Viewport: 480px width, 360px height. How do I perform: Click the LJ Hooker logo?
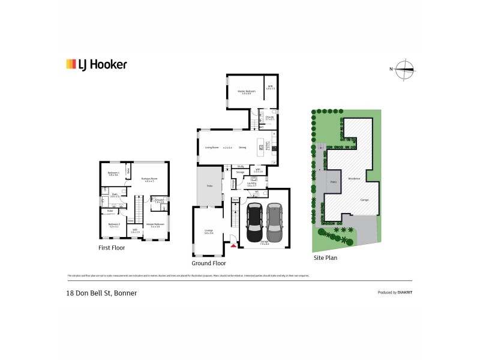tap(96, 64)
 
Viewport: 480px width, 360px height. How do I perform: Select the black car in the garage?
tap(254, 218)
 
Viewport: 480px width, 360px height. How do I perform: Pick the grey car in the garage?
tap(274, 218)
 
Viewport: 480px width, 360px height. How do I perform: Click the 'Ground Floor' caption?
tap(208, 263)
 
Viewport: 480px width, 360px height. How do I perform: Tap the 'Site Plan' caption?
tap(326, 258)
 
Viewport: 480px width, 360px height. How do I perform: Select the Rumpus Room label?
tap(149, 179)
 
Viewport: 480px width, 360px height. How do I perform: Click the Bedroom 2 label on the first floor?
tap(113, 226)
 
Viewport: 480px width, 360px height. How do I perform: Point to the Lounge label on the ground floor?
tap(209, 230)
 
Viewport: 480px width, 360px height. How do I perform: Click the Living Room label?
tap(211, 147)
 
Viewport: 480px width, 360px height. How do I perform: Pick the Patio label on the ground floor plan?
tap(210, 186)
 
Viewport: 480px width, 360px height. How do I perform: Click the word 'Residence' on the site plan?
tap(354, 178)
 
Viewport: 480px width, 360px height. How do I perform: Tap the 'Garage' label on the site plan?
tap(364, 199)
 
